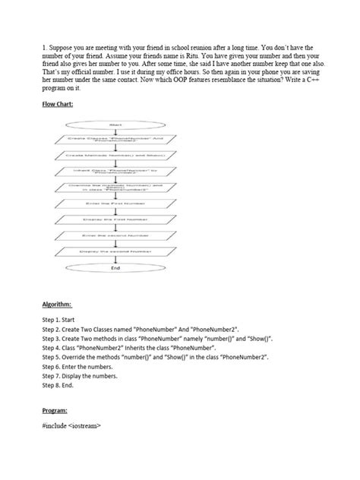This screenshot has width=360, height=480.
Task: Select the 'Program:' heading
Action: coord(56,410)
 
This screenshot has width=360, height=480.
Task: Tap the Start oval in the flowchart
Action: coord(115,124)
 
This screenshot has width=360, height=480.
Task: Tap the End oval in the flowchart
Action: coord(115,267)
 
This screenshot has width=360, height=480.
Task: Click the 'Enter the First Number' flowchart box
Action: coord(115,203)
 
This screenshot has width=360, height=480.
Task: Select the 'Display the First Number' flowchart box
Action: coord(115,219)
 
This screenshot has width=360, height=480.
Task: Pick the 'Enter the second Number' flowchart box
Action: coord(115,235)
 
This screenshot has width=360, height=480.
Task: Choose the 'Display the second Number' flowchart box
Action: coord(115,251)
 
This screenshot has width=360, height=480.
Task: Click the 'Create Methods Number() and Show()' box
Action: coord(115,155)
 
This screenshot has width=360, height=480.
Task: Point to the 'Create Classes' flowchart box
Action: coord(115,139)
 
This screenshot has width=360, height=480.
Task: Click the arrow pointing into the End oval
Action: coord(115,259)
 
